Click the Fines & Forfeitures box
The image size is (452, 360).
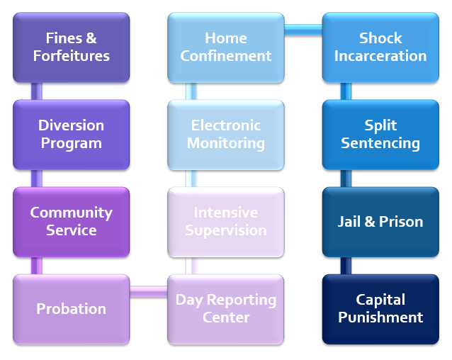[71, 47]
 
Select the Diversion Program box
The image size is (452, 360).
[71, 134]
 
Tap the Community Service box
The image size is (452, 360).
[71, 221]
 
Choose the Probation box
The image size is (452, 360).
[71, 309]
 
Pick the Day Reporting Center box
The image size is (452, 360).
[225, 309]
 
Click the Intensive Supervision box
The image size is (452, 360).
[225, 221]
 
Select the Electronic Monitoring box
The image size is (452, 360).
[225, 134]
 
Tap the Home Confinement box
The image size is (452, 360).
[225, 47]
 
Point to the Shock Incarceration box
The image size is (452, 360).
[380, 47]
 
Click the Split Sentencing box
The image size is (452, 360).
[380, 134]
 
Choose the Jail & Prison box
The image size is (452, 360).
[380, 221]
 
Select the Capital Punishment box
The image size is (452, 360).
[380, 309]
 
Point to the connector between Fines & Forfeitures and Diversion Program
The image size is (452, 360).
[37, 91]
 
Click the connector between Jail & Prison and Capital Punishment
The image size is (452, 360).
[346, 266]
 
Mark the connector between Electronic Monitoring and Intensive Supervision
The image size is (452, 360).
[191, 179]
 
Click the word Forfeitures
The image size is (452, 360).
[71, 56]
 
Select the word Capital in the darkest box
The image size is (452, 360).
[380, 300]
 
